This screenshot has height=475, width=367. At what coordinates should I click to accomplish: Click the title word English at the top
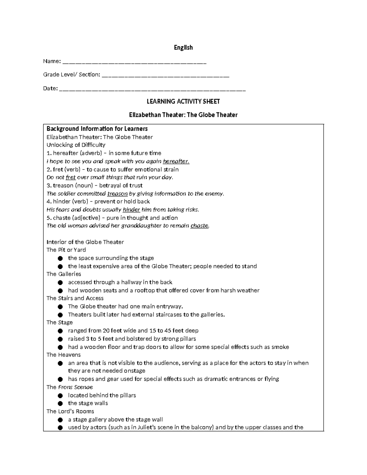(183, 47)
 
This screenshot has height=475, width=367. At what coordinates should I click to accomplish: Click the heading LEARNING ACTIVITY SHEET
(183, 101)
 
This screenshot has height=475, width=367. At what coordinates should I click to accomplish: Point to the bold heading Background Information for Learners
(97, 128)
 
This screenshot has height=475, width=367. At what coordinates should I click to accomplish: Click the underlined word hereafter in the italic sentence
(176, 161)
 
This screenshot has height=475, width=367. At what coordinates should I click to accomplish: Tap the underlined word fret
(71, 177)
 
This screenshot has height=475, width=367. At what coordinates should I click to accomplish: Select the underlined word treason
(117, 194)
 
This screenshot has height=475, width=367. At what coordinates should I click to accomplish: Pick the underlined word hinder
(131, 210)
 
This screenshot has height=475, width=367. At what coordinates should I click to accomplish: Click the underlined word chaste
(199, 226)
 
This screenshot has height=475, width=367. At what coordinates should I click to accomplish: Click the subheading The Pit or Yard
(66, 250)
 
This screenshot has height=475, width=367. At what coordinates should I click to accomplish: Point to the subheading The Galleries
(64, 274)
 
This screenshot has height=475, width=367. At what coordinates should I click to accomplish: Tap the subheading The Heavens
(63, 355)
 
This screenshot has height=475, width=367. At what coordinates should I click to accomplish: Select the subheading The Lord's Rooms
(70, 411)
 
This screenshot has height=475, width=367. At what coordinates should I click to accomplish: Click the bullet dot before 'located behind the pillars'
(61, 395)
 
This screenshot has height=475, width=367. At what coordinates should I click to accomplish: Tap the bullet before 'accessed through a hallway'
(61, 282)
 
